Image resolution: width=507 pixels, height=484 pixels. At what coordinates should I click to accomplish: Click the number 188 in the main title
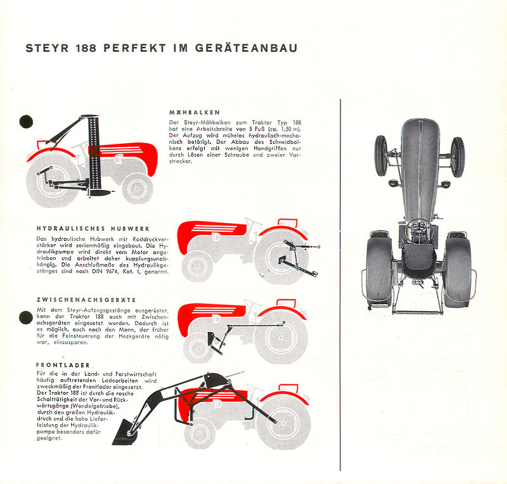pos(86,48)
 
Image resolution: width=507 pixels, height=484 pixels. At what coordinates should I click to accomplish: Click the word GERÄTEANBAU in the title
pos(246,48)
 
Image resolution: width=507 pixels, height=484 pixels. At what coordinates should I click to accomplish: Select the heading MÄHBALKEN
pos(195,113)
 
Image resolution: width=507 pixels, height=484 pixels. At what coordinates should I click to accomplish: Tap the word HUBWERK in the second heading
pos(131,229)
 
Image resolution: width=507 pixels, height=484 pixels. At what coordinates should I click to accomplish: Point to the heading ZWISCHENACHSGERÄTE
pos(86,300)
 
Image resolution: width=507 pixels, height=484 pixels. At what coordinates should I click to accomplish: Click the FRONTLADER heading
pos(63,365)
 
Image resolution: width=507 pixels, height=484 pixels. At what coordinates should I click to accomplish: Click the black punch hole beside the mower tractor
pos(26,122)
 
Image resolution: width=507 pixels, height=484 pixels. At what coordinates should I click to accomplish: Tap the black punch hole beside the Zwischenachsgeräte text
pos(26,317)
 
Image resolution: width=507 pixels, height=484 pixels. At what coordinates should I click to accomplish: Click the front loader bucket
pos(125,433)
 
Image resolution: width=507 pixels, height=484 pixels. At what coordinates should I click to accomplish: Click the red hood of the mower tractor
pos(126,155)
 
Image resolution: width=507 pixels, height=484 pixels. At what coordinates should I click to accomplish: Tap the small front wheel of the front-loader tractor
pos(200,433)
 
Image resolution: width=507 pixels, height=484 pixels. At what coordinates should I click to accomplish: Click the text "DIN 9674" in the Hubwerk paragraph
pos(103,271)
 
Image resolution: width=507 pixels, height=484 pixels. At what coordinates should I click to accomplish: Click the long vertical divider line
pos(340,285)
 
